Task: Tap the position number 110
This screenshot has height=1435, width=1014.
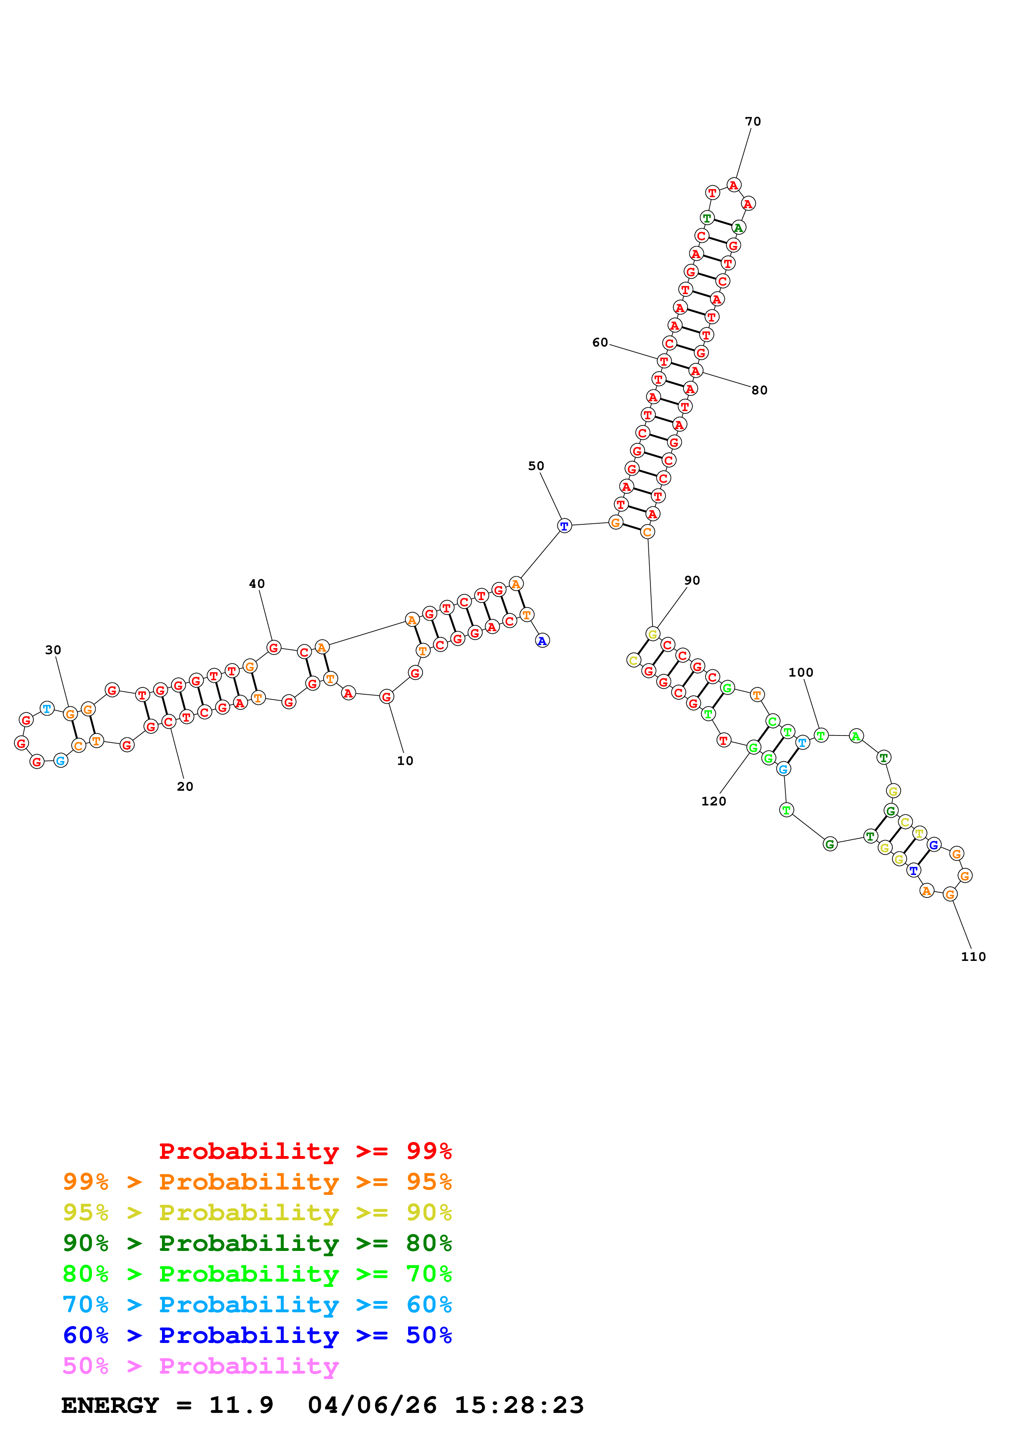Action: [x=973, y=956]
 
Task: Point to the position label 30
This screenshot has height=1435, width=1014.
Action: [x=53, y=650]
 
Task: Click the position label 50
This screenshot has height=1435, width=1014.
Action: [x=536, y=466]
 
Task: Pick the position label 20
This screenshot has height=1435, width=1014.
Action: [x=185, y=786]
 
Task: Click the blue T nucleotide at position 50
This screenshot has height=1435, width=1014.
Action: [x=564, y=526]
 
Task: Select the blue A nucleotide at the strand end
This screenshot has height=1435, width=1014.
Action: [x=542, y=641]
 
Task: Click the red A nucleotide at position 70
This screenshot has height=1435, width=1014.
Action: [x=733, y=185]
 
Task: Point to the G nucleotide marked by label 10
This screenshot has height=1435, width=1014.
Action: [x=387, y=696]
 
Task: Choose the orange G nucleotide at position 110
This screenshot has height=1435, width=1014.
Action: [x=950, y=894]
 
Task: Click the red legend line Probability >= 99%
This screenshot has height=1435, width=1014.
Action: [x=305, y=1151]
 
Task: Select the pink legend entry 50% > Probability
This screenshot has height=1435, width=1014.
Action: [x=200, y=1365]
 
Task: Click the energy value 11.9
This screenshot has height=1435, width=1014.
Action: [x=241, y=1405]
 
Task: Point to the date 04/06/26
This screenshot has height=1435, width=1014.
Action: [x=372, y=1405]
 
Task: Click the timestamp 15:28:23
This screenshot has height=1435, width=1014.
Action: [x=519, y=1405]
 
